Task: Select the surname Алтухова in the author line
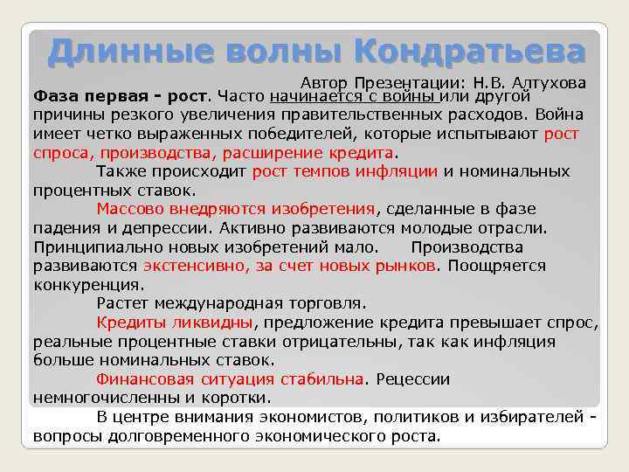[550, 81]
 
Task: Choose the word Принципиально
[93, 246]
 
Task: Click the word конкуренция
[87, 285]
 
